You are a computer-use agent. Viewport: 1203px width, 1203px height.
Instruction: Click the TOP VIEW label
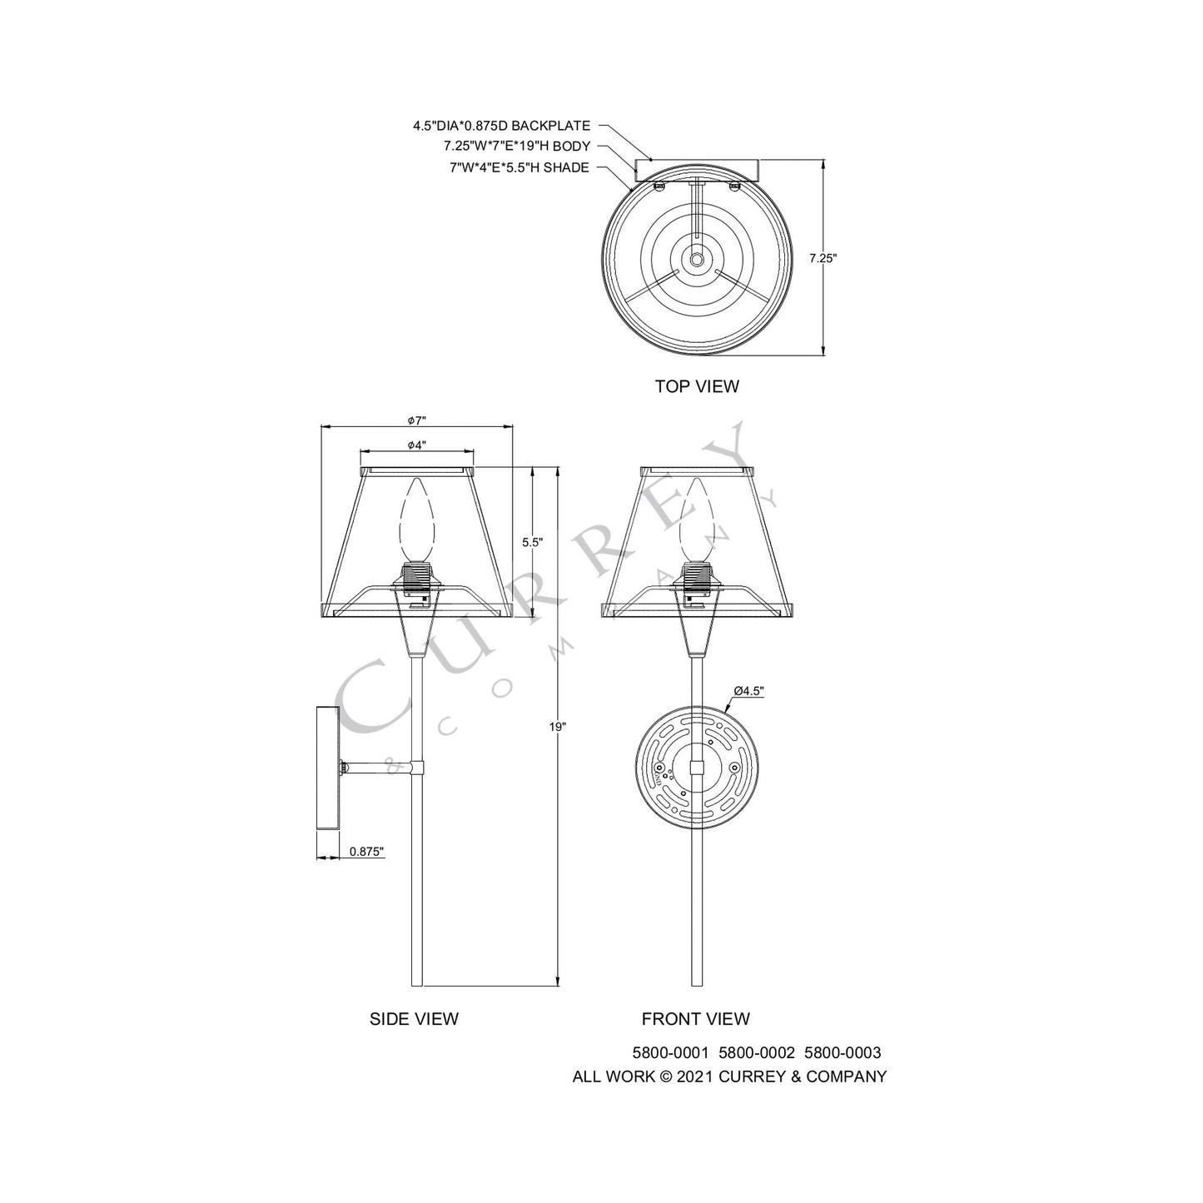[x=696, y=386]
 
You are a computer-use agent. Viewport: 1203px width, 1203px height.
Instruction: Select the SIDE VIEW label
[x=414, y=1018]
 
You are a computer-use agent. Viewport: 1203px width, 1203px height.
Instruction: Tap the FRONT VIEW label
[x=695, y=1018]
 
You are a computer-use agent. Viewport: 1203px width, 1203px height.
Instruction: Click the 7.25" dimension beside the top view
[x=823, y=258]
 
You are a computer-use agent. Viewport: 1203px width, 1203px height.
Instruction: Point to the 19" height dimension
[x=557, y=726]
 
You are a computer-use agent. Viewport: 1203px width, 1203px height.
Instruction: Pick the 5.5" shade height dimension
[x=532, y=542]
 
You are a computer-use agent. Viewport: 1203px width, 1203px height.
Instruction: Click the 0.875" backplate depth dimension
[x=366, y=851]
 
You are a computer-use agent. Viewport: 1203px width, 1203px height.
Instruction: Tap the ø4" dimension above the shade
[x=417, y=445]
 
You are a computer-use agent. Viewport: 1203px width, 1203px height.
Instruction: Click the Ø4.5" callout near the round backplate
[x=748, y=690]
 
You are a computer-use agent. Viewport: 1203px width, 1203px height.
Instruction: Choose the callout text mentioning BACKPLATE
[x=501, y=126]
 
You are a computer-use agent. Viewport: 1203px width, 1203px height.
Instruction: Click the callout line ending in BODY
[x=516, y=147]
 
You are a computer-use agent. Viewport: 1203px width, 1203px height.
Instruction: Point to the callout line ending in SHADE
[x=519, y=167]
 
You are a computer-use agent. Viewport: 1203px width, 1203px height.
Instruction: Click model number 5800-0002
[x=757, y=1053]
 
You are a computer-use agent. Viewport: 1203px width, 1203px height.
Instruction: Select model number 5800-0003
[x=843, y=1053]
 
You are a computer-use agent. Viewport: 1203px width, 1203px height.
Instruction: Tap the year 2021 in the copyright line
[x=693, y=1076]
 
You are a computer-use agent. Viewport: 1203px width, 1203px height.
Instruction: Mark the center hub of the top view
[x=695, y=259]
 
